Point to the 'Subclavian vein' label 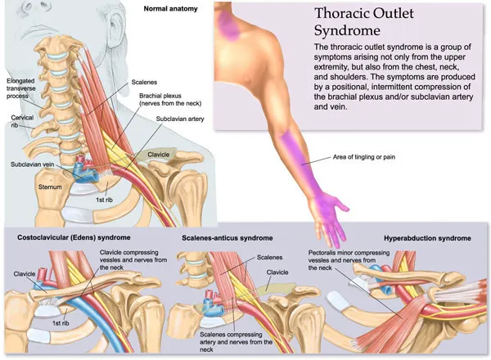point(34,164)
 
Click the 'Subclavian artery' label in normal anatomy point(186,119)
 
